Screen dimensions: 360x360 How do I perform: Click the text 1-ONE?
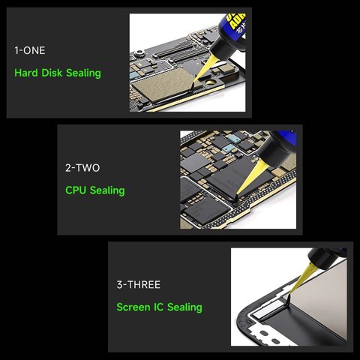click(30, 50)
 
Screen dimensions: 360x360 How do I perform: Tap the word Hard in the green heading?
click(26, 73)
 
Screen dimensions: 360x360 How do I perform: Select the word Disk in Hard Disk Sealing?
click(52, 73)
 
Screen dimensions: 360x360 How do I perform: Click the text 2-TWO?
click(82, 167)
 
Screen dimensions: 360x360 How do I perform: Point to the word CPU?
click(76, 190)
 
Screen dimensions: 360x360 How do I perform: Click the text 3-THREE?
click(138, 284)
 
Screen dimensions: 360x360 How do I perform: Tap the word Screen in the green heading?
click(133, 307)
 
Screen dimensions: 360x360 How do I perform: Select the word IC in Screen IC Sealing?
click(158, 307)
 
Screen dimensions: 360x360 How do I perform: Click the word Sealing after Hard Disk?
click(83, 73)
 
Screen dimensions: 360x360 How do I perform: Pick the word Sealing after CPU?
click(107, 190)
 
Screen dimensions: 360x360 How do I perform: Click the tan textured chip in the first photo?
click(163, 85)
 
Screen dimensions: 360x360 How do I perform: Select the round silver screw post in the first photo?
click(139, 53)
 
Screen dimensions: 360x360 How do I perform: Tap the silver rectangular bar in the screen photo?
click(267, 310)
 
